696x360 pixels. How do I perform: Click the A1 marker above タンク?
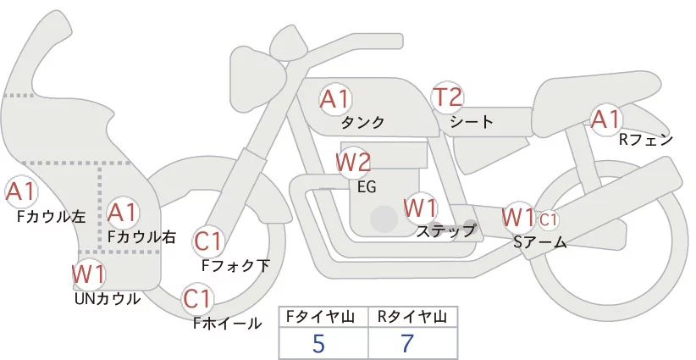coord(334,98)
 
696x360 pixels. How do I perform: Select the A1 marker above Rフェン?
coord(606,119)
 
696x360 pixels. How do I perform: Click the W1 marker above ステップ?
coord(420,207)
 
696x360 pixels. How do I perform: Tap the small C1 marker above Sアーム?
coord(549,219)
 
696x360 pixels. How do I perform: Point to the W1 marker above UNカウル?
coord(88,274)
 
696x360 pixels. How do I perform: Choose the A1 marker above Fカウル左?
coord(20,191)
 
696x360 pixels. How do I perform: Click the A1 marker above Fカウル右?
coord(124,211)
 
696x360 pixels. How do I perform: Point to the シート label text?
coord(472,121)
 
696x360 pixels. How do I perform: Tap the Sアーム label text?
coord(539,241)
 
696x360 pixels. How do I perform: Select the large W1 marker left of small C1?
coord(518,217)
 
